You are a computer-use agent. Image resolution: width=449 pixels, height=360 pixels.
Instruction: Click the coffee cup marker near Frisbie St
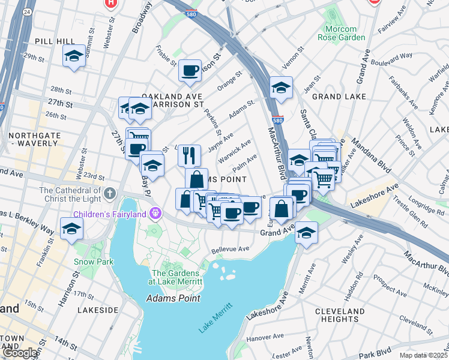coord(190,71)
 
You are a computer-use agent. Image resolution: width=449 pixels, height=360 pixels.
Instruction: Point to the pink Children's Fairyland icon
coord(156,214)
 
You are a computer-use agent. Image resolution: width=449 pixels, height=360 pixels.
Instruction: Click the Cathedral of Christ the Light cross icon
coord(109,194)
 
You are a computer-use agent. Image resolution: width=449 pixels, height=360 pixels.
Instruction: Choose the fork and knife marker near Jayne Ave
coord(189,155)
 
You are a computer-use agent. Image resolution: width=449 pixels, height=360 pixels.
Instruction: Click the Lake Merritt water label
coord(214,319)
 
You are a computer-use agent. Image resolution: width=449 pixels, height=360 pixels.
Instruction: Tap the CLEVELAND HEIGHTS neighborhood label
coord(339,316)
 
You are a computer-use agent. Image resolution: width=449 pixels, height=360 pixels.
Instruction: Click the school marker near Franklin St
coord(71,229)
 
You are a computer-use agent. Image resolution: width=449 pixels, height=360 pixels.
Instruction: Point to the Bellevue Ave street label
coord(230,250)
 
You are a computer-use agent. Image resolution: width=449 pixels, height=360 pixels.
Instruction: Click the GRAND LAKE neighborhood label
coord(335,96)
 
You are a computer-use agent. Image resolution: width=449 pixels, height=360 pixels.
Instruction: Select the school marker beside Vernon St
coord(280,88)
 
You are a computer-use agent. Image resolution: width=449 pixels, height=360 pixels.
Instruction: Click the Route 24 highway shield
coord(26,11)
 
